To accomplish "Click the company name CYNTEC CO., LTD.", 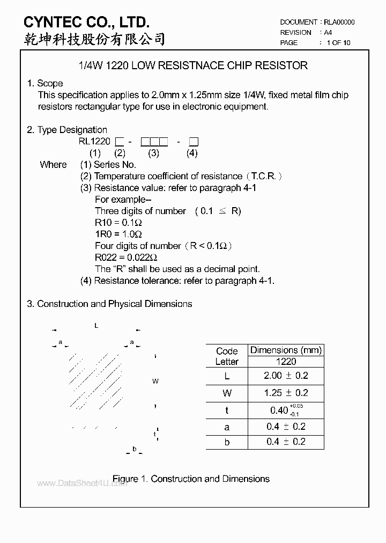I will [x=86, y=22].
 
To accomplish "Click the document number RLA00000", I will [x=339, y=23].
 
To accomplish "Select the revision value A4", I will [x=328, y=32].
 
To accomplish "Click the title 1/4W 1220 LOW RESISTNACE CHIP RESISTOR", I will [x=193, y=66].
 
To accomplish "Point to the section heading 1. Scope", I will [x=45, y=83].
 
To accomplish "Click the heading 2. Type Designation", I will [x=67, y=130].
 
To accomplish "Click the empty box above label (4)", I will [x=194, y=142].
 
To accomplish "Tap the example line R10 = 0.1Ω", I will [x=118, y=223].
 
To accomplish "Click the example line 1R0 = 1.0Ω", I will [x=118, y=234].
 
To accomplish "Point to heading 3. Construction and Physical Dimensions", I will [x=109, y=304].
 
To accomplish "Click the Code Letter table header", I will [x=227, y=356].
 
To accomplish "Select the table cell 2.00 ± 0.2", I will [x=286, y=376].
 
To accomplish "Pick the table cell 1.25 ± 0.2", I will [x=286, y=393].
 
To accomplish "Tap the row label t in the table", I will [x=227, y=410].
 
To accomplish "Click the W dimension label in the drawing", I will [x=155, y=381].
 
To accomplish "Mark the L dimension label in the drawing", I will [x=96, y=326].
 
